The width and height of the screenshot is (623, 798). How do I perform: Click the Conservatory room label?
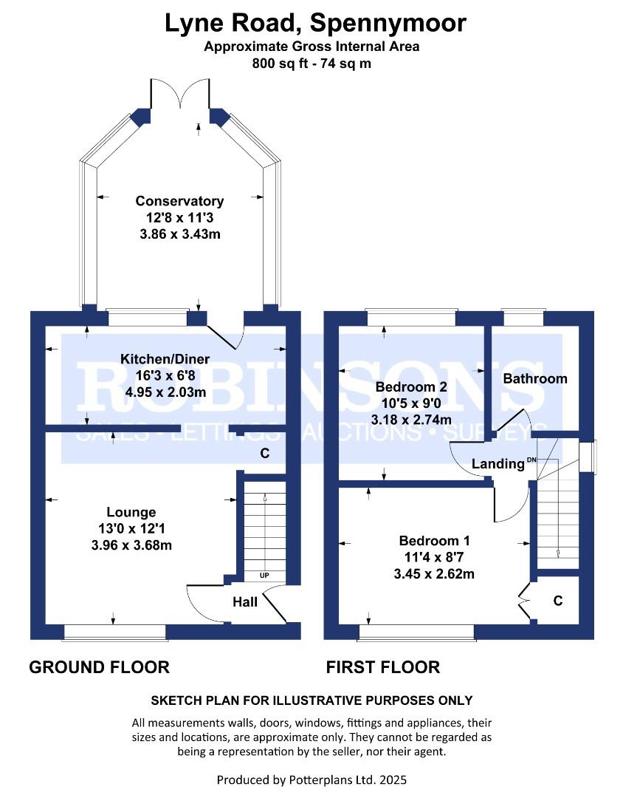point(179,201)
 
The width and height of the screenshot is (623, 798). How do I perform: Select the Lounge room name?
point(131,512)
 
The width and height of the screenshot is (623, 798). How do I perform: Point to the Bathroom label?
point(535,378)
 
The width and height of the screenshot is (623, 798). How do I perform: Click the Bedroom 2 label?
point(411,386)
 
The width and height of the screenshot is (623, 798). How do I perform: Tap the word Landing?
point(498,464)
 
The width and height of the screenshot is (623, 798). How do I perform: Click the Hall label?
point(245,602)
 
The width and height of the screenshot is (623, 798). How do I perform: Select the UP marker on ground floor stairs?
point(263,575)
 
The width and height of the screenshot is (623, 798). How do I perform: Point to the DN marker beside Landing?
point(531,460)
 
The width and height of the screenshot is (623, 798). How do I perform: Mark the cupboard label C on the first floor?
point(558,601)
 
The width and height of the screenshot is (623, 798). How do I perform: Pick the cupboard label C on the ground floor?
point(264,454)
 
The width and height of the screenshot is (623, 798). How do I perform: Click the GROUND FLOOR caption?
point(99,667)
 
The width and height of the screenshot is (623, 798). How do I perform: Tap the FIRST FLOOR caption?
point(383,667)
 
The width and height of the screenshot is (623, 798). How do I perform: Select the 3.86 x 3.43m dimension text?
point(179,234)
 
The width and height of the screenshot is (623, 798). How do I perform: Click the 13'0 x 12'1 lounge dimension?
point(131,529)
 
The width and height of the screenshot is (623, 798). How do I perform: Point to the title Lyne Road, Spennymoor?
point(315,23)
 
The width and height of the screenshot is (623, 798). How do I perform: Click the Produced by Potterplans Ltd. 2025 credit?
point(311,780)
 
